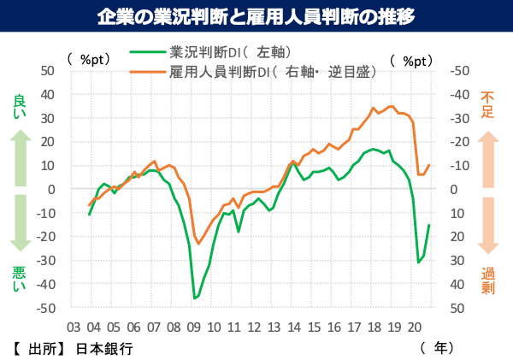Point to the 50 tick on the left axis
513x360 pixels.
pyautogui.click(x=48, y=71)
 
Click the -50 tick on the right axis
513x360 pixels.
pyautogui.click(x=459, y=71)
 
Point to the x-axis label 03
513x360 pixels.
pyautogui.click(x=74, y=326)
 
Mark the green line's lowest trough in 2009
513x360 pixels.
pyautogui.click(x=195, y=298)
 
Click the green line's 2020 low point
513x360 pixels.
pyautogui.click(x=418, y=262)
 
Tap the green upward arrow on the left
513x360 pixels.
pyautogui.click(x=21, y=158)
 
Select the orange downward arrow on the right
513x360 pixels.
pyautogui.click(x=488, y=224)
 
